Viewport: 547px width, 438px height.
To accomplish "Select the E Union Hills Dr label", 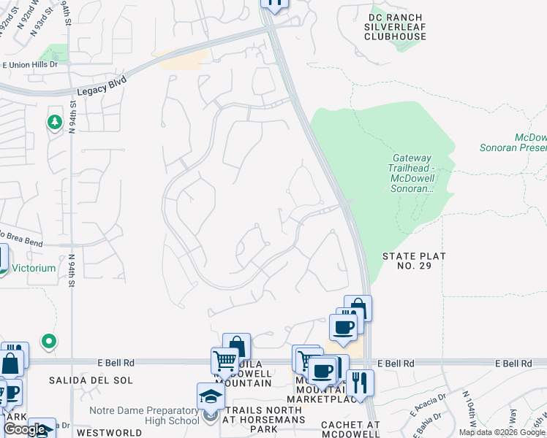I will point(30,65).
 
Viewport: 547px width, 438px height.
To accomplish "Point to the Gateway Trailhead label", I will point(412,173).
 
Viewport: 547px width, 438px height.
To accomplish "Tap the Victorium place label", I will point(34,268).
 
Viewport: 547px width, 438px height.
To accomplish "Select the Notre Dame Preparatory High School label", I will point(144,415).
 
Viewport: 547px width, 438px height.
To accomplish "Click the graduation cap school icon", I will point(211,396).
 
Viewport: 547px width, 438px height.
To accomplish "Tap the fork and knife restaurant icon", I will point(360,382).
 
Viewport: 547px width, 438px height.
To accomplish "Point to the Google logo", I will point(23,429).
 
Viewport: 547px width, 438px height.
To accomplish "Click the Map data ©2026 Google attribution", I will point(502,432).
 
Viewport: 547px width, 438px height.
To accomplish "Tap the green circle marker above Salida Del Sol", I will point(49,340).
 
